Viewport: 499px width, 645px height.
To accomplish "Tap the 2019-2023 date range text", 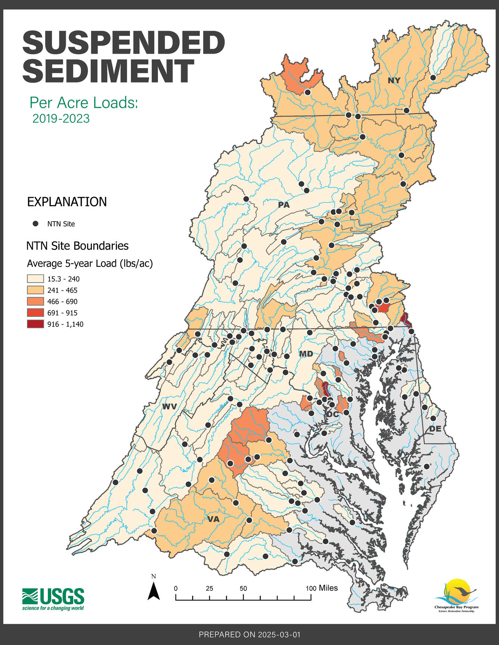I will [x=61, y=119].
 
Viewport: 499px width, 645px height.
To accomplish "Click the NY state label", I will [x=394, y=81].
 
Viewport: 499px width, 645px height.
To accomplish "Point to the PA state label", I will [x=283, y=205].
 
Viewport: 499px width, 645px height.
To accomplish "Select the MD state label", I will [x=306, y=353].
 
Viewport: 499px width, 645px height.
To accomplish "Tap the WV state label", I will [x=169, y=407].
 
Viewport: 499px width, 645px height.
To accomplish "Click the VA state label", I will [x=213, y=519].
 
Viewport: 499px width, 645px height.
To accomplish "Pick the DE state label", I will [x=435, y=429].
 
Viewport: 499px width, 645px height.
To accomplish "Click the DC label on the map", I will [x=332, y=414].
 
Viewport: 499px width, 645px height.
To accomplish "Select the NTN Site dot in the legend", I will [x=35, y=224].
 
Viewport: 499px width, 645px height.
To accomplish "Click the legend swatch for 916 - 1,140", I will [x=35, y=324].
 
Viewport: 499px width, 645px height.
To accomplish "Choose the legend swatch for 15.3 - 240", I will [x=35, y=279].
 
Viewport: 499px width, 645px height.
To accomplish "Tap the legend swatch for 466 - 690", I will [x=35, y=301].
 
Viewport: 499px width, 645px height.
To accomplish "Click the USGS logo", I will [x=53, y=599].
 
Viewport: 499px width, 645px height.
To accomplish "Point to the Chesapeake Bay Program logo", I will [x=456, y=595].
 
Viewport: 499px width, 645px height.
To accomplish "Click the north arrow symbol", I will [x=154, y=591].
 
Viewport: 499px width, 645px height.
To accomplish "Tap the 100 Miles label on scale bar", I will [x=322, y=588].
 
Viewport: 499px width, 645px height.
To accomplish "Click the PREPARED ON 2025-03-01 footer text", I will [x=249, y=634].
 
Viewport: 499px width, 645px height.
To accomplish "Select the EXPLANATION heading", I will [x=67, y=202].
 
